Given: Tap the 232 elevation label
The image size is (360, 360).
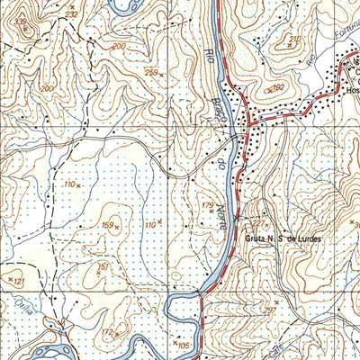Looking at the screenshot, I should click(72, 15).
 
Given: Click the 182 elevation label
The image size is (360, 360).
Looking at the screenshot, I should click(277, 87).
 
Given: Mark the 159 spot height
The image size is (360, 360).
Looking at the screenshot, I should click(108, 225).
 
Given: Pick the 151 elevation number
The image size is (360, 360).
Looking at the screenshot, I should click(103, 266).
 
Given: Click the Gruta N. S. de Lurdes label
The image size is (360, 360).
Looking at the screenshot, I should click(282, 238).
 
